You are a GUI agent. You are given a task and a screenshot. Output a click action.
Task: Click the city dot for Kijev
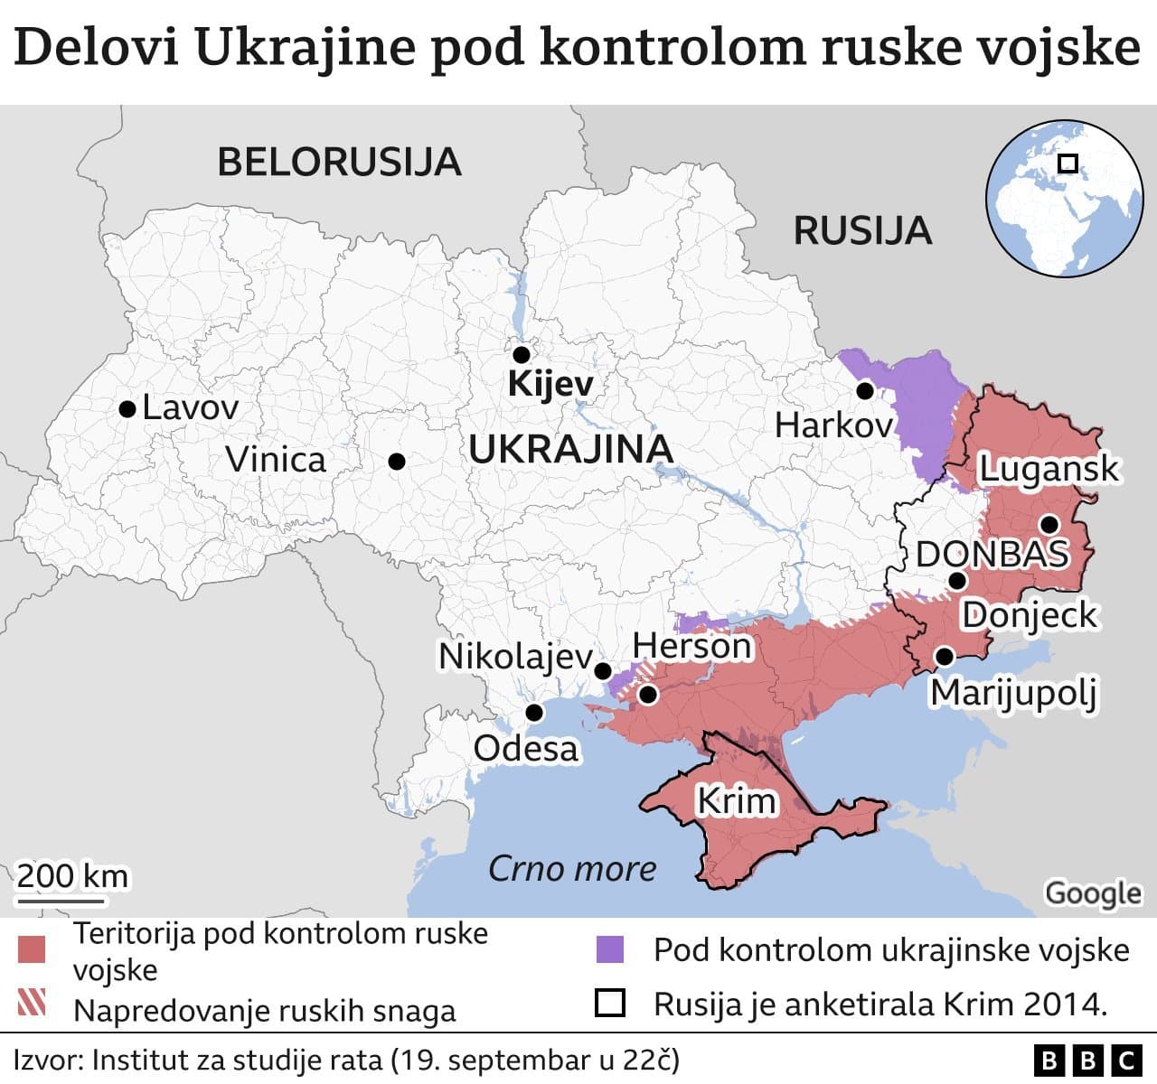[x=521, y=354]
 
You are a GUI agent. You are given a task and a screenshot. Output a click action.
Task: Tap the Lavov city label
[x=190, y=407]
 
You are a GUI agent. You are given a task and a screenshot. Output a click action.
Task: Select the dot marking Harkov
[x=864, y=391]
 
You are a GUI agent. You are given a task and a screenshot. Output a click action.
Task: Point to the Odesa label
[x=525, y=748]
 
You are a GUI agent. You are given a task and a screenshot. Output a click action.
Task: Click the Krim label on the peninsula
[x=736, y=800]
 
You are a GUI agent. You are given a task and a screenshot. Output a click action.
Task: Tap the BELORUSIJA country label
[x=340, y=162]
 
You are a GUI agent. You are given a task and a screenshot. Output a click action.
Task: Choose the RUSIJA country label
[x=862, y=230]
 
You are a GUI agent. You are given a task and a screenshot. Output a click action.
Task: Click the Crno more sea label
[x=572, y=868]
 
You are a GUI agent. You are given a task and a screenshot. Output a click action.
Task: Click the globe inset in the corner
[x=1063, y=198]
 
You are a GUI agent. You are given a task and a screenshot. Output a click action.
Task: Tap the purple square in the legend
[x=610, y=949]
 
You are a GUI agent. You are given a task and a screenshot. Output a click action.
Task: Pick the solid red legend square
[x=32, y=950]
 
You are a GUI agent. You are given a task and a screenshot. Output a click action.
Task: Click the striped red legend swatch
[x=32, y=1004]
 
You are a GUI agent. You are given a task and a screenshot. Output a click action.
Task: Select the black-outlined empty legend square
[x=610, y=1004]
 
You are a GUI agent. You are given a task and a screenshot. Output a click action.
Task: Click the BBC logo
[x=1087, y=1060]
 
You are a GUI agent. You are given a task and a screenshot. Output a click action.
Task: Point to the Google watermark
[x=1093, y=892]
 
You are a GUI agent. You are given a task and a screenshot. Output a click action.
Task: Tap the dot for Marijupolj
[x=944, y=656]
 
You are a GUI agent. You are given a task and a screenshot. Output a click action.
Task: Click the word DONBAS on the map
[x=992, y=554]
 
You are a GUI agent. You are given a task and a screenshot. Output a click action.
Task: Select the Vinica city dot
[x=396, y=462]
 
